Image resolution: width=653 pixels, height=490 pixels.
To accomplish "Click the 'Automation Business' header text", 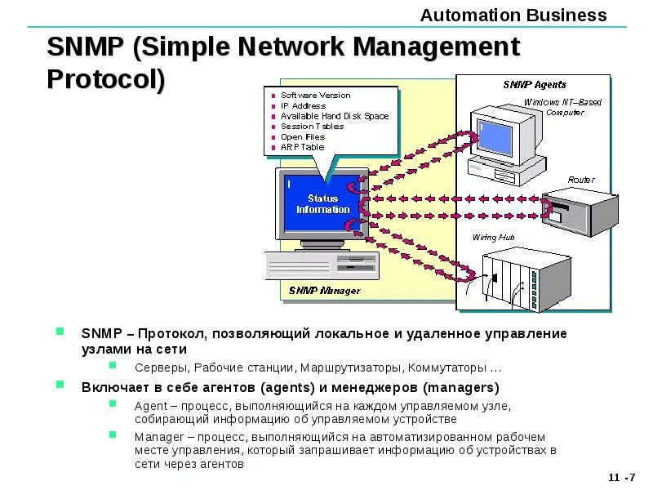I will pos(513,15).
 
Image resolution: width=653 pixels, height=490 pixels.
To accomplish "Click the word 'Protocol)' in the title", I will pos(106,79).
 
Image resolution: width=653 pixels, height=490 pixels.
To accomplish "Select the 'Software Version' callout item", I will pos(315,96).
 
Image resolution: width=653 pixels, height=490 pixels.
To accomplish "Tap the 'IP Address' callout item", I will pos(303,105).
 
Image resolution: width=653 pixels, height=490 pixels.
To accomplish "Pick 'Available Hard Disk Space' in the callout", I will pos(335,116).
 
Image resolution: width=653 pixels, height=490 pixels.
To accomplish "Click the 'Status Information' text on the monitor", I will pos(322,204).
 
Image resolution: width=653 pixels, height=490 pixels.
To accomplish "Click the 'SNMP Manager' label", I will pos(324,291).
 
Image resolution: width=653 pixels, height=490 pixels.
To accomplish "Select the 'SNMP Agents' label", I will pos(535,84).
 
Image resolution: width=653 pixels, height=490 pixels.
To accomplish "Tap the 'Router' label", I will pos(581,180).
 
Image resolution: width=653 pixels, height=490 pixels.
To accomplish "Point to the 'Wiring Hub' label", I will pos(494,238).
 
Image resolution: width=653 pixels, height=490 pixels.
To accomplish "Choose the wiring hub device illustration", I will pos(522,278).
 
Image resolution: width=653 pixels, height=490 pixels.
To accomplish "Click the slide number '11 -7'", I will pos(622,477).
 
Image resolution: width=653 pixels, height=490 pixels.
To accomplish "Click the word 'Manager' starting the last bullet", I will pos(152,437).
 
